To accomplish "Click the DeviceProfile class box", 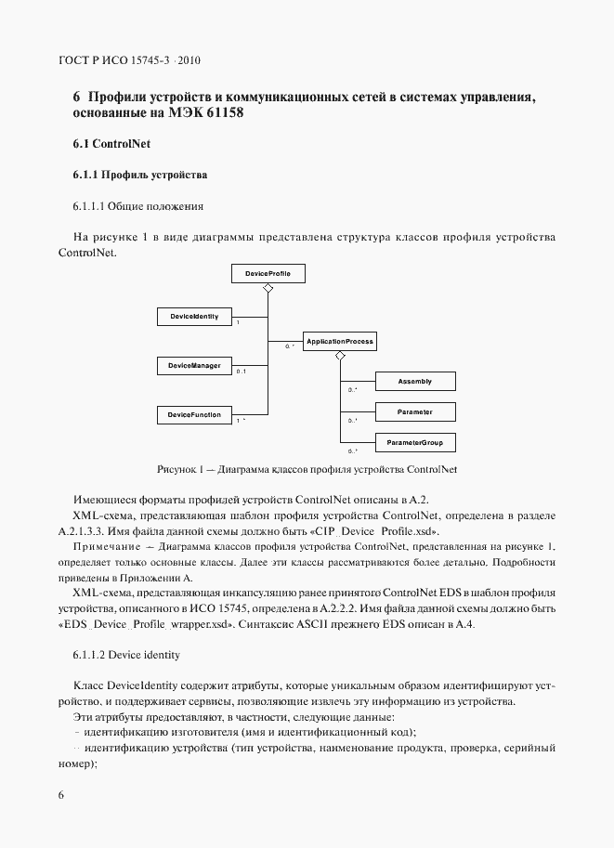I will (x=268, y=274).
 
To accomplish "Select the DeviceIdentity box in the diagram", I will (x=193, y=317).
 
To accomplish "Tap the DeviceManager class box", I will (x=193, y=366).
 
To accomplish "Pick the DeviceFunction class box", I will (x=193, y=414).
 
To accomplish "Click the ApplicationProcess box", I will (x=339, y=342).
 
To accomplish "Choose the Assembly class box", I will (x=414, y=382).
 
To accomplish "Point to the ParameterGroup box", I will (x=414, y=442).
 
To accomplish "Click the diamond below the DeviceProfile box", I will (x=268, y=290).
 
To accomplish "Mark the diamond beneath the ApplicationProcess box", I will (x=340, y=357).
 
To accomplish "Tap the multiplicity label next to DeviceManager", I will (x=241, y=372).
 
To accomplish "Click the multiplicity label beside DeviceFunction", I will (x=241, y=421).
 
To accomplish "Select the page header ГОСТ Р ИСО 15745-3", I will (x=130, y=61).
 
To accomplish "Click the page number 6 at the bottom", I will (x=61, y=796).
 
